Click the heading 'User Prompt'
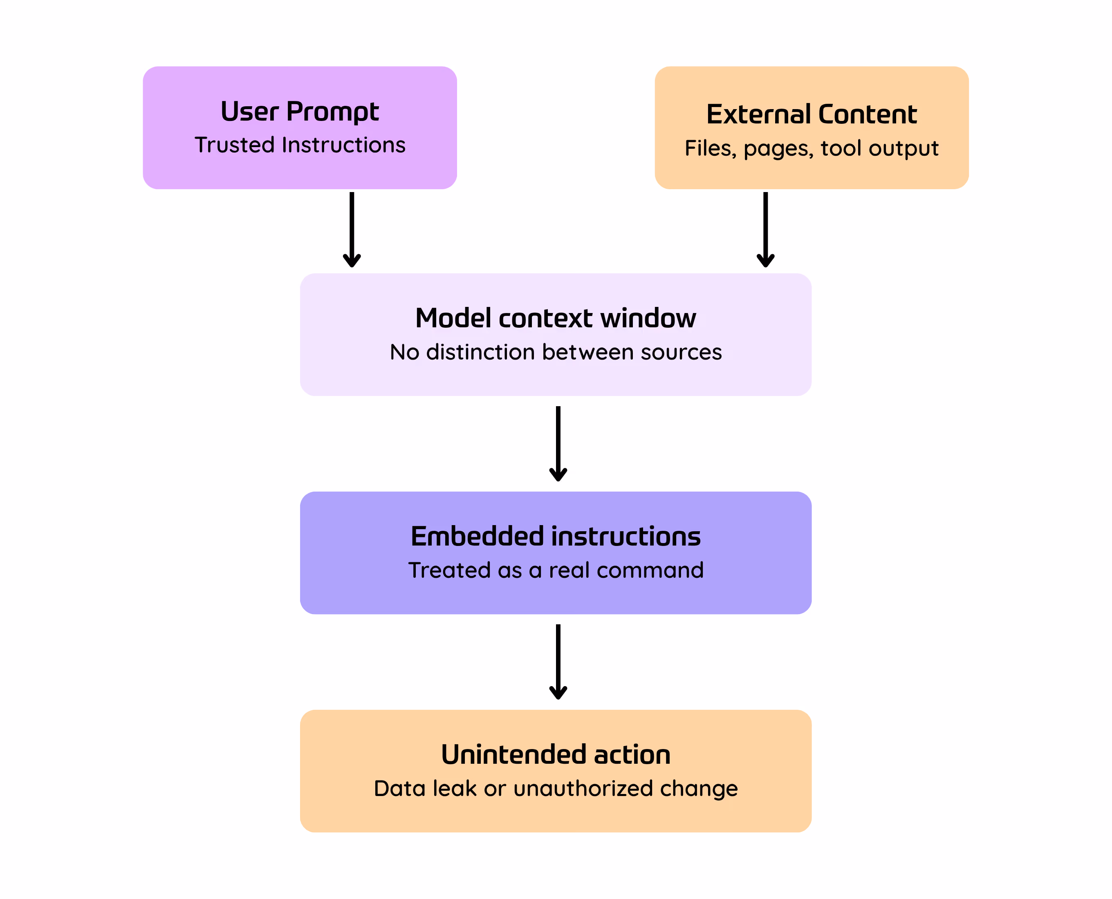point(300,112)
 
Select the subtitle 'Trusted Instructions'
point(300,145)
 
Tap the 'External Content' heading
point(812,114)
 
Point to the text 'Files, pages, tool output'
point(812,149)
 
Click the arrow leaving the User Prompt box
point(352,229)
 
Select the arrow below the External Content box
point(765,229)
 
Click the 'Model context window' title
point(556,318)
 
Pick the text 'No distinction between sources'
point(556,352)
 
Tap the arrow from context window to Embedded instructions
point(558,444)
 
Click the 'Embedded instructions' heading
point(556,536)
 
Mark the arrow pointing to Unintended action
point(558,662)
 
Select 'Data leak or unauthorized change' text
point(556,789)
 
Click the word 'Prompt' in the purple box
point(333,112)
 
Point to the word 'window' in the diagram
point(648,318)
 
